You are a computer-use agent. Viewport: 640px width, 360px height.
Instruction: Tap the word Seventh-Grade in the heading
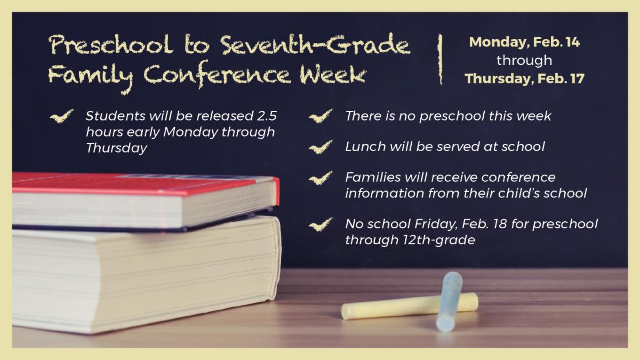pyautogui.click(x=315, y=44)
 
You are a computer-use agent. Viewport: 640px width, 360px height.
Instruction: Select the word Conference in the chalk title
pyautogui.click(x=217, y=75)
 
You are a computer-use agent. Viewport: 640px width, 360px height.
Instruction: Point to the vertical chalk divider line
pyautogui.click(x=441, y=59)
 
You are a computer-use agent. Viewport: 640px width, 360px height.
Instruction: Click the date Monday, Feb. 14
pyautogui.click(x=524, y=42)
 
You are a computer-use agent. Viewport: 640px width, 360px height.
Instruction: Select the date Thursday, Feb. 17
pyautogui.click(x=524, y=78)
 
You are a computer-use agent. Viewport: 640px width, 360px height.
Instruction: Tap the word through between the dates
pyautogui.click(x=524, y=61)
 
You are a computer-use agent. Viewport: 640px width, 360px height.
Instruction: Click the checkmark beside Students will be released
pyautogui.click(x=61, y=116)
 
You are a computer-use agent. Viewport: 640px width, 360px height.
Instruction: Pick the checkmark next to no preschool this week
pyautogui.click(x=321, y=116)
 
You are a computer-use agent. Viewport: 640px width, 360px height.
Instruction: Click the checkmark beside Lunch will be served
pyautogui.click(x=321, y=147)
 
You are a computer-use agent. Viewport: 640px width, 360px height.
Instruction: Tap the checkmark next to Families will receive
pyautogui.click(x=321, y=178)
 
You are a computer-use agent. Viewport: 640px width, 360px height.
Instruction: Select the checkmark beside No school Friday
pyautogui.click(x=321, y=225)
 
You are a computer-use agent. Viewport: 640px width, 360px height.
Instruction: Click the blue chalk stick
pyautogui.click(x=449, y=302)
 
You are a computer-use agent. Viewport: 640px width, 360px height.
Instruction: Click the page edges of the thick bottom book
pyautogui.click(x=143, y=274)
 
